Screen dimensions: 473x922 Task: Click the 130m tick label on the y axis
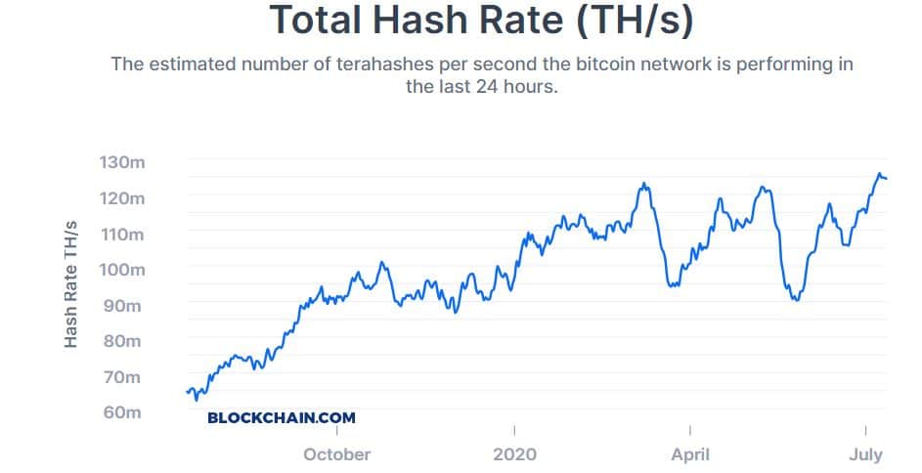click(121, 162)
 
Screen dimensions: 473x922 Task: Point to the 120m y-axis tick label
click(121, 198)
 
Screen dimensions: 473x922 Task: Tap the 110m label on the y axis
click(121, 235)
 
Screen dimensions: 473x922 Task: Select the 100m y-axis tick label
click(121, 270)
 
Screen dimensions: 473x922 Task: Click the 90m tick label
click(123, 306)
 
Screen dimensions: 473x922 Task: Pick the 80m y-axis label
click(123, 341)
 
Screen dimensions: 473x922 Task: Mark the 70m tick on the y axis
click(123, 377)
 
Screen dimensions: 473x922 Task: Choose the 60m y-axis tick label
click(123, 412)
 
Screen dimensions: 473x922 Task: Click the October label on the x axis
click(337, 454)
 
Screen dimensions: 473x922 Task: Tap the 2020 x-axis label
click(514, 454)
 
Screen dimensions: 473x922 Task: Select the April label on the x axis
click(690, 454)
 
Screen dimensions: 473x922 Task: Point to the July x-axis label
click(865, 454)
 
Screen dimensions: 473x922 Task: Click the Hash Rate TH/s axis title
click(70, 284)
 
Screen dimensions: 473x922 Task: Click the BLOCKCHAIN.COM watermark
click(282, 417)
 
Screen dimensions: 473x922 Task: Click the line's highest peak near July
click(879, 174)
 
